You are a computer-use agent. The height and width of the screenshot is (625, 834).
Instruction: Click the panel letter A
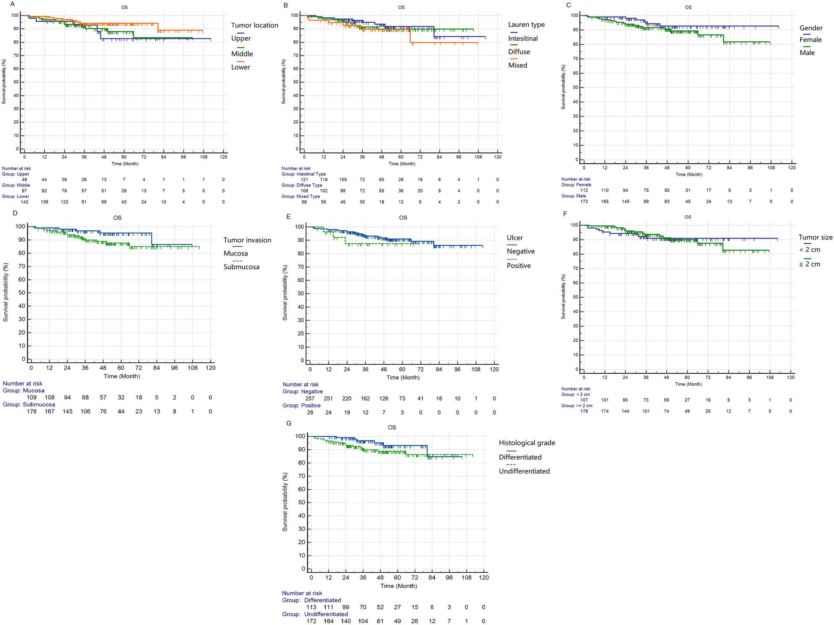click(x=13, y=5)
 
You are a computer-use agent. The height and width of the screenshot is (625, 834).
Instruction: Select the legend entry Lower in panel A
click(x=240, y=67)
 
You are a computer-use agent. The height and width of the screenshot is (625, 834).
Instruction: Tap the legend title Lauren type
click(x=526, y=25)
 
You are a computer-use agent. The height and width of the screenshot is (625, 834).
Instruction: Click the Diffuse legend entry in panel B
click(x=519, y=52)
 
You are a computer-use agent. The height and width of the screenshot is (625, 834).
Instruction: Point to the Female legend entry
click(x=810, y=40)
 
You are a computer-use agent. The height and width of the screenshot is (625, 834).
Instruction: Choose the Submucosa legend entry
click(x=241, y=267)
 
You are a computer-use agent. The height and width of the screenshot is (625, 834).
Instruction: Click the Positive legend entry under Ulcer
click(x=518, y=266)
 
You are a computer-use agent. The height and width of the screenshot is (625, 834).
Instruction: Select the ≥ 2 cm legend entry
click(x=809, y=264)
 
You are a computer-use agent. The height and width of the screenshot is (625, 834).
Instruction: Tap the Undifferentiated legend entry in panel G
click(x=524, y=471)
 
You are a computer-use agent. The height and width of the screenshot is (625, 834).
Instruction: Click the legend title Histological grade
click(x=527, y=443)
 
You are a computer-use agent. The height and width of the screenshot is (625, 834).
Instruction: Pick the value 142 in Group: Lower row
click(x=24, y=202)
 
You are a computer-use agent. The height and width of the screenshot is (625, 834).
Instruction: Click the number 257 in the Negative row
click(x=310, y=398)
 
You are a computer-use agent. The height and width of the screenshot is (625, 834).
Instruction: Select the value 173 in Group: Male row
click(x=584, y=202)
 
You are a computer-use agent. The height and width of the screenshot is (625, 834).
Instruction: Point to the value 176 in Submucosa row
click(x=32, y=411)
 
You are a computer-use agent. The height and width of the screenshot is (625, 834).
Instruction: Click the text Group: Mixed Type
click(x=301, y=196)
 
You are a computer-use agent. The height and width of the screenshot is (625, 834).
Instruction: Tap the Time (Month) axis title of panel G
click(x=399, y=586)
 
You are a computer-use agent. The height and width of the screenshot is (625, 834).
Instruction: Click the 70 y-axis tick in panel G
click(x=301, y=476)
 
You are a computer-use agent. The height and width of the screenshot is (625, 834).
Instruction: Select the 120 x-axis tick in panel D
click(x=210, y=368)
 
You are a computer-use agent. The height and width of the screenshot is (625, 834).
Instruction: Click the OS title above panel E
click(x=403, y=218)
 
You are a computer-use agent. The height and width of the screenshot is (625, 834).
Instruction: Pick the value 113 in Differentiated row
click(x=311, y=607)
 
